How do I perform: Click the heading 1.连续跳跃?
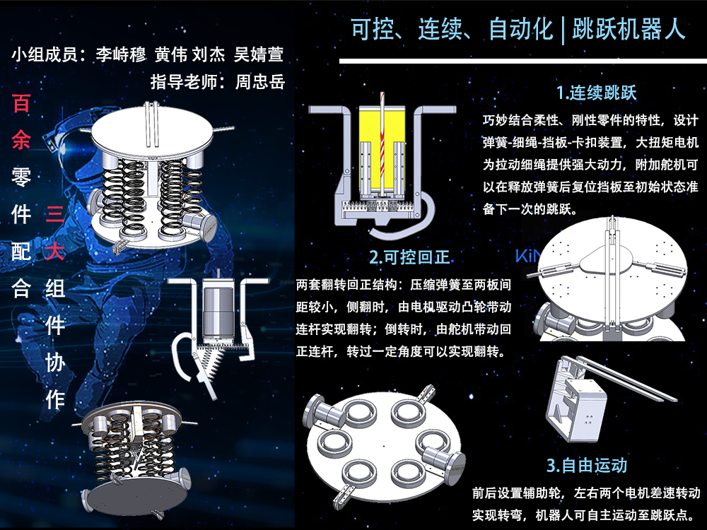click(596, 93)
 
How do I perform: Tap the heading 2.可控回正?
click(409, 257)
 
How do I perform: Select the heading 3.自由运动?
click(587, 465)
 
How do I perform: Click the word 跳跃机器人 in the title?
click(629, 29)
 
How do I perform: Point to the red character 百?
click(21, 103)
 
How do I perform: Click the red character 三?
click(55, 213)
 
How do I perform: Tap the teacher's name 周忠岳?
click(260, 81)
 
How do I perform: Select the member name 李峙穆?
click(121, 54)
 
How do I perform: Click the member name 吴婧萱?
click(259, 54)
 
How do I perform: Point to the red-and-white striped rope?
click(382, 144)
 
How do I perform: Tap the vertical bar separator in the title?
click(563, 30)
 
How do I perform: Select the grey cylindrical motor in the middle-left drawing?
click(218, 312)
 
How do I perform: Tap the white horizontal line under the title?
click(523, 61)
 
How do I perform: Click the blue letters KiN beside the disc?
click(527, 256)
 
